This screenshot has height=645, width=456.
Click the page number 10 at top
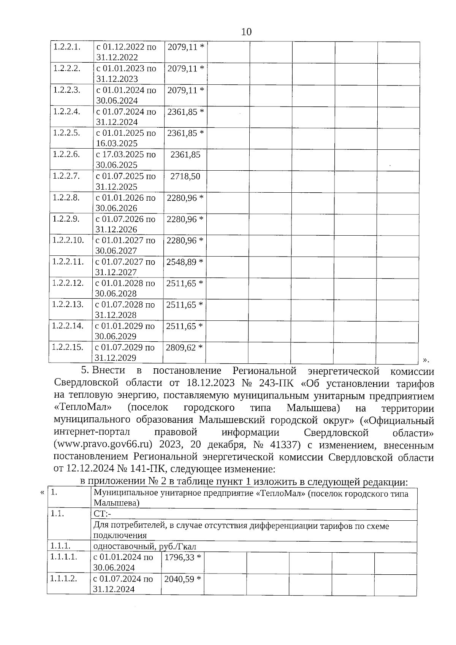click(x=246, y=32)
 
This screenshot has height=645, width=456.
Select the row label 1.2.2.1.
click(x=67, y=47)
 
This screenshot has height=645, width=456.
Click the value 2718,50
click(x=185, y=176)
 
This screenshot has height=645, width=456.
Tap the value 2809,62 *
click(x=184, y=347)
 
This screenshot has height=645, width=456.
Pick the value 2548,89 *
click(x=185, y=262)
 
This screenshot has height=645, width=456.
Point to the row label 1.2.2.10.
click(x=68, y=240)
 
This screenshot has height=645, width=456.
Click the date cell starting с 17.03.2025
click(x=125, y=160)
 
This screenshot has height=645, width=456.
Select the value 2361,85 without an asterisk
click(x=185, y=155)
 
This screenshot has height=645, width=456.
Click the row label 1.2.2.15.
click(x=67, y=347)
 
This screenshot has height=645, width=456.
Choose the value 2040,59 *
click(x=182, y=579)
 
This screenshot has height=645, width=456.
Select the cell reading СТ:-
click(x=102, y=514)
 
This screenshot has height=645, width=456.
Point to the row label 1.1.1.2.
click(x=64, y=578)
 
